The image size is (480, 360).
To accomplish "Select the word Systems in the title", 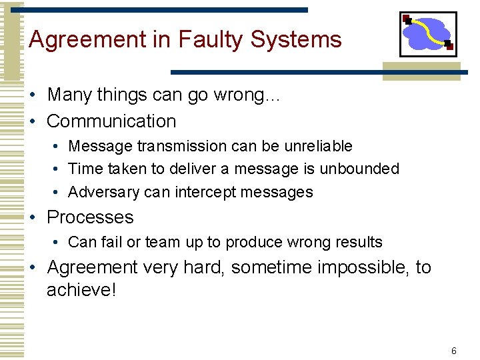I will [x=296, y=40].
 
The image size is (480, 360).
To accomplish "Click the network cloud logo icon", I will [x=427, y=34].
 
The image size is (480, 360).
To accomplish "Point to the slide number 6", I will [x=454, y=351].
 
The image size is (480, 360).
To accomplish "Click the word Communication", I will [x=111, y=121].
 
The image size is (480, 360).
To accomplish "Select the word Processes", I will [x=90, y=217].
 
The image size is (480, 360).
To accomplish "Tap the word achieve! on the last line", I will [x=81, y=291].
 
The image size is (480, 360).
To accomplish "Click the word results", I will [x=359, y=242].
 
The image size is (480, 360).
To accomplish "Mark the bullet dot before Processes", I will [x=33, y=218].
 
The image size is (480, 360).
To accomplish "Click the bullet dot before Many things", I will [x=33, y=95].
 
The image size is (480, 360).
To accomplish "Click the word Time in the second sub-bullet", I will [x=83, y=169].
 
